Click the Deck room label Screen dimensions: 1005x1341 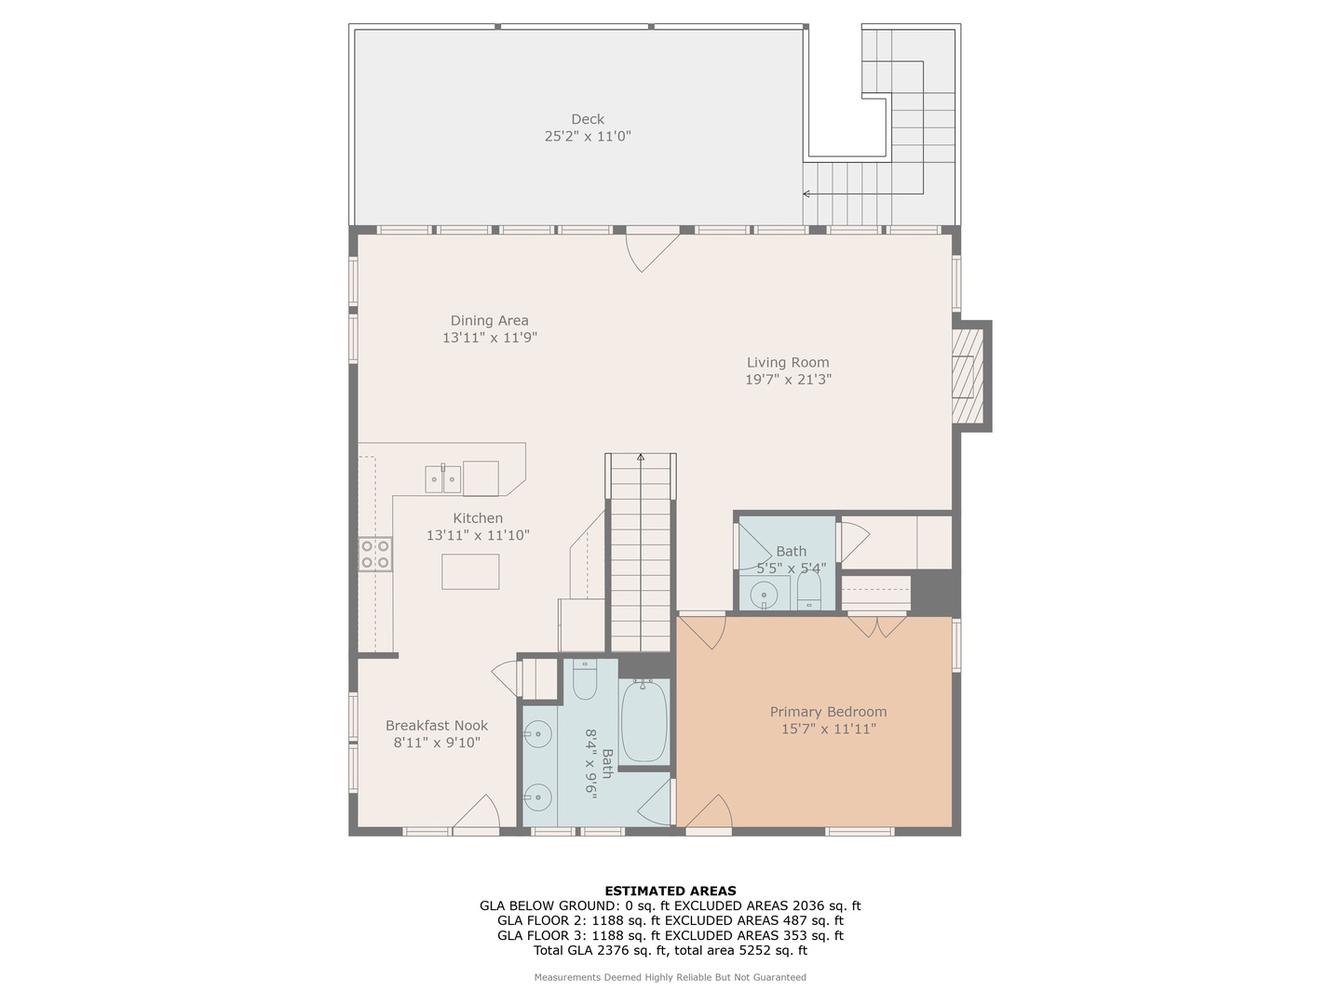(588, 119)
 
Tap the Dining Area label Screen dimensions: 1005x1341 (489, 321)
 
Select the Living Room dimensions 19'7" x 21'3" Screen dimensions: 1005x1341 (788, 380)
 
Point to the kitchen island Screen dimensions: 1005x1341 (470, 571)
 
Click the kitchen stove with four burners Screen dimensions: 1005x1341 (376, 555)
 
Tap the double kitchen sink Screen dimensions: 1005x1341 (443, 478)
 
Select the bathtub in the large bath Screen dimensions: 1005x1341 (643, 722)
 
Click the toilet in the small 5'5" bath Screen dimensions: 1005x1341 (808, 590)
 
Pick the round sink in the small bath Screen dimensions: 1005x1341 (765, 593)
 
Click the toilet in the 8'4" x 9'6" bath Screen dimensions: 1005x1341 (585, 680)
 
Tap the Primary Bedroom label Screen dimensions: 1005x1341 (828, 712)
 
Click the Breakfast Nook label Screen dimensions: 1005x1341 (437, 726)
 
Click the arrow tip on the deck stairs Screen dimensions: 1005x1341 (806, 194)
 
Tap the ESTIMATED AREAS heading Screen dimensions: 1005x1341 (670, 891)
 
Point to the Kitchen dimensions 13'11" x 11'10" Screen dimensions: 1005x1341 (478, 535)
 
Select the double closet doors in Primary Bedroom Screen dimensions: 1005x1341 (876, 625)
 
